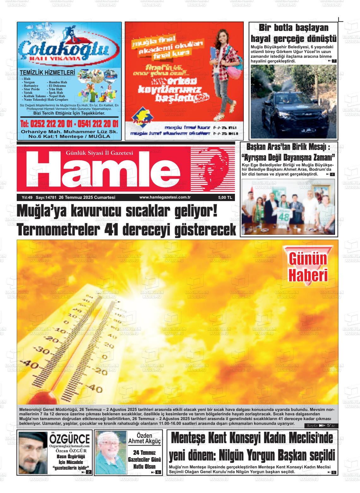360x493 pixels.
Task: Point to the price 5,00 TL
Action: pos(225,198)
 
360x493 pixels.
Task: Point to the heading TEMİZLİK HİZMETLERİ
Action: pos(47,73)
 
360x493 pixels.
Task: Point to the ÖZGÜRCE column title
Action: pos(69,439)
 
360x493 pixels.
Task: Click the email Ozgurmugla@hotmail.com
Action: pos(69,446)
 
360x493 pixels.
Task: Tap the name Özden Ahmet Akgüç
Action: pos(144,438)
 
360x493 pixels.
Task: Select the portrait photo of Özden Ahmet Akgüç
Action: pos(111,452)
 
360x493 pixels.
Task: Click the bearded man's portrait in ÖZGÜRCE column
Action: pos(33,452)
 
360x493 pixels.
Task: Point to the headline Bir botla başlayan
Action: pos(293,28)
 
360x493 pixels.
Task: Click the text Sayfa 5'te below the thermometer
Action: pos(321,426)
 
